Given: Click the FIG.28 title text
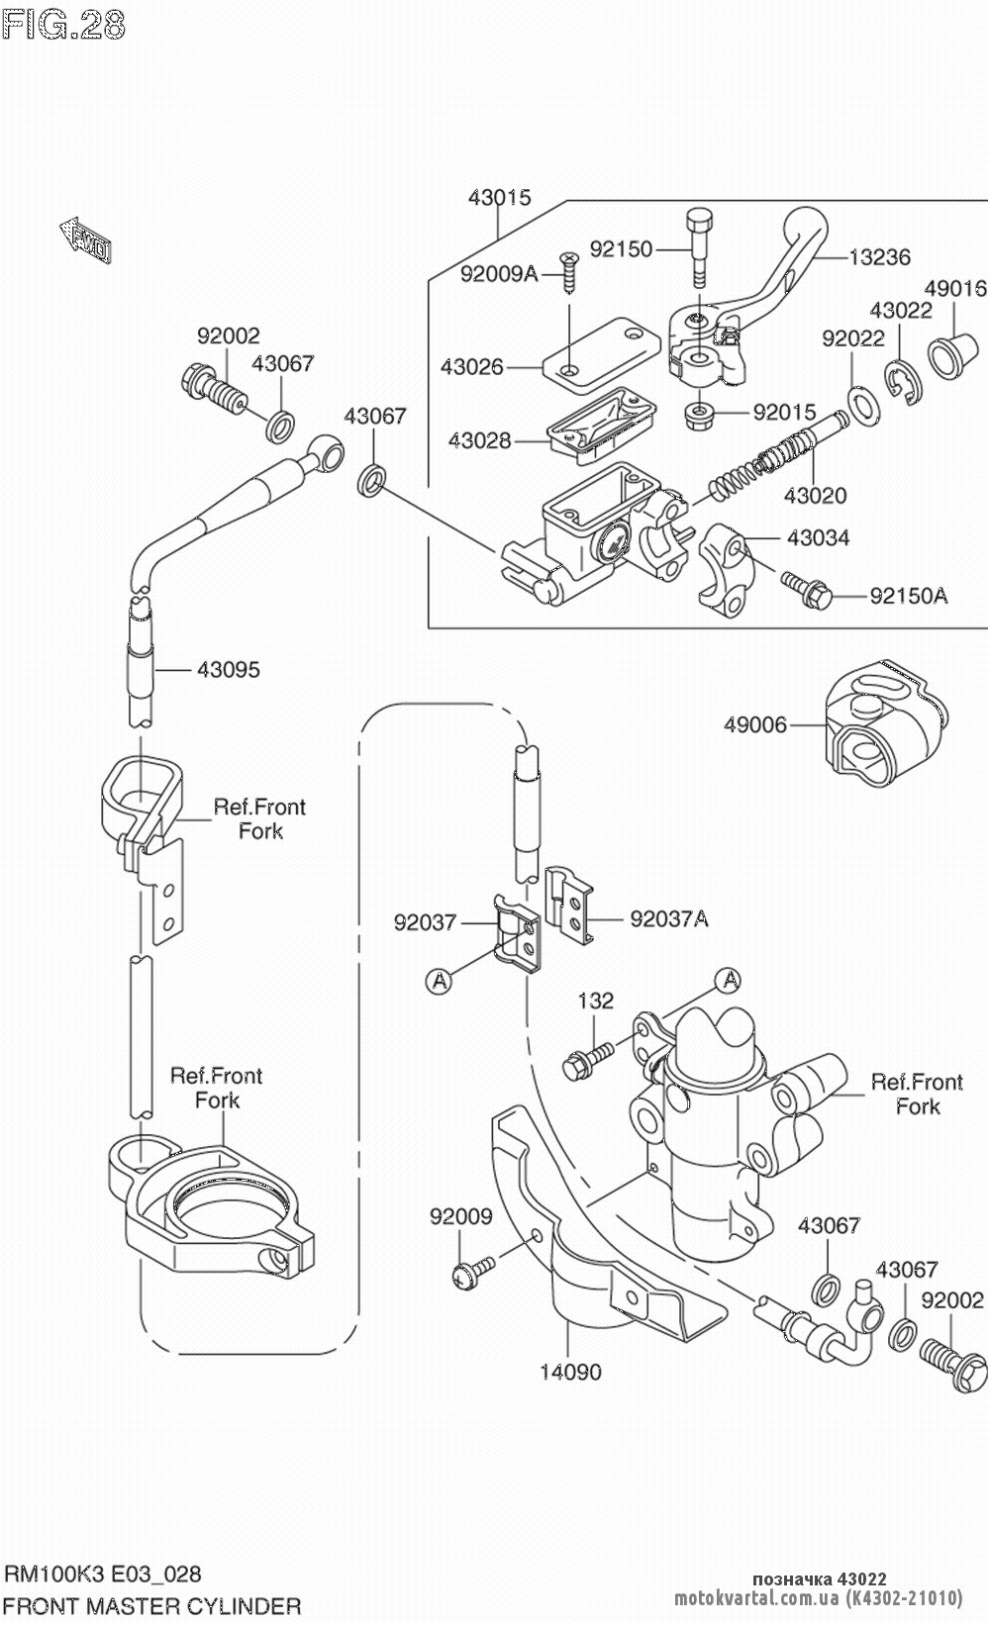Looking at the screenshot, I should coord(65,24).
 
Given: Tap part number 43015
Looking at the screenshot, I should coord(499,197).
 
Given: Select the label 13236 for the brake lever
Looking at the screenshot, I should coord(879,257).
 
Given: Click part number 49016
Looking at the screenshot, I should coord(954,288).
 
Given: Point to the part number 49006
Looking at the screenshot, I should coord(755,724).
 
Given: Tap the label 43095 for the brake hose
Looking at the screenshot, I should coord(228,670).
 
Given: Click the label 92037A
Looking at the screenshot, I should coord(669,919).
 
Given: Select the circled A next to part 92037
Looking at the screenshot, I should coord(438,980).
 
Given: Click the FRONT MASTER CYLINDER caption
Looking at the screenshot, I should coord(153,1604).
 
